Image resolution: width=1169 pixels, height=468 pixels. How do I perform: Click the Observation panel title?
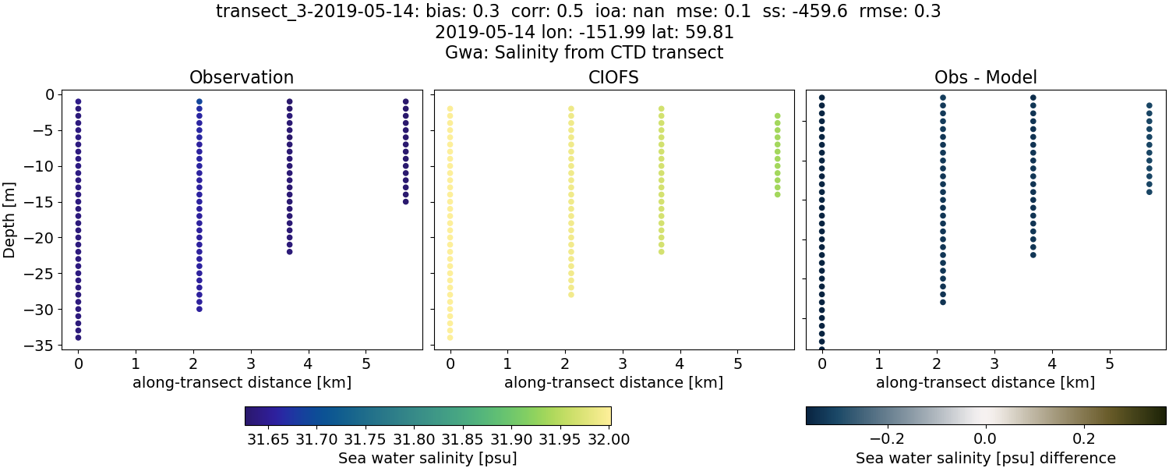coord(242,77)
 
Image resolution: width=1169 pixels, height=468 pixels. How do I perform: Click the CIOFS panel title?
coord(613,77)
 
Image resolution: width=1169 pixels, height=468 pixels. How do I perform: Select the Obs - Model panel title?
coord(985,77)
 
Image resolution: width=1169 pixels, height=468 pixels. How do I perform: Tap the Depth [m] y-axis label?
coord(10,222)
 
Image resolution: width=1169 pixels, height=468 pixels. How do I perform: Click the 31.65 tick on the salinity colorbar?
coord(268,439)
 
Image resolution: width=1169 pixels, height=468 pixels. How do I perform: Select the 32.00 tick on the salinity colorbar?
coord(609,439)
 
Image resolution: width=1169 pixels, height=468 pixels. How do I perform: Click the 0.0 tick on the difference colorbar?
coord(985,438)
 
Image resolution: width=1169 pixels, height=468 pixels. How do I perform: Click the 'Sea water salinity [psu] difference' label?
coord(985,458)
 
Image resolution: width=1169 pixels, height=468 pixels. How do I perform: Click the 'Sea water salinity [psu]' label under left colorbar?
coord(427,459)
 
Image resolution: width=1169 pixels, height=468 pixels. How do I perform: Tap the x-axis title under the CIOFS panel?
coord(613,383)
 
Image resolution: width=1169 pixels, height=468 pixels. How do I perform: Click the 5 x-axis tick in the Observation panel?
coord(366,363)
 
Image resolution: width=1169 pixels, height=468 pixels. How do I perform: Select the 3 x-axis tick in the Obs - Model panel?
coord(994,363)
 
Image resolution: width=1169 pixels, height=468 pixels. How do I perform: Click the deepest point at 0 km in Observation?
coord(78,338)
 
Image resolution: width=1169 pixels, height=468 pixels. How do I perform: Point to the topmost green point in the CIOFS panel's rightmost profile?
coord(777,115)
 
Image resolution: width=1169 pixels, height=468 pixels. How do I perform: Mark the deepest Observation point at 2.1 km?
coord(200,309)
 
